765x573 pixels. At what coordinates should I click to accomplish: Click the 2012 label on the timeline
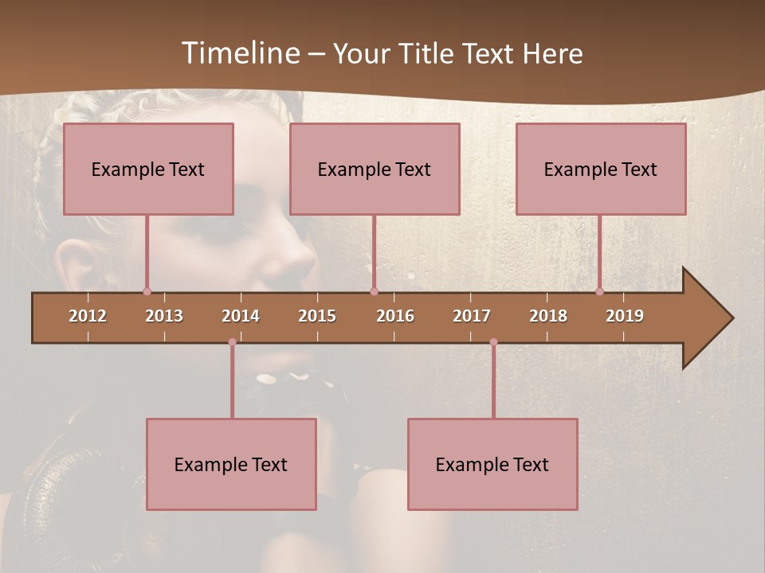pos(88,316)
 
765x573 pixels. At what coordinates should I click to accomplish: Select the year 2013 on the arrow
pos(164,316)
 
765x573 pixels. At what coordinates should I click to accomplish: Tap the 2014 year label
pos(241,316)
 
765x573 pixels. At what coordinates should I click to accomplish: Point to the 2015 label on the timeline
pos(317,316)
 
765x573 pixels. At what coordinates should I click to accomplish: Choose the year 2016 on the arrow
pos(395,316)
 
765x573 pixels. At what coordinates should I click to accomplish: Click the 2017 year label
pos(472,316)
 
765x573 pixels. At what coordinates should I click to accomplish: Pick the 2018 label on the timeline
pos(548,316)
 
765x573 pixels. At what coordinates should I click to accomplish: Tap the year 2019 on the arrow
pos(625,316)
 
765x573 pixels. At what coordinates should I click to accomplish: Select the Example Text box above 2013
pos(148,170)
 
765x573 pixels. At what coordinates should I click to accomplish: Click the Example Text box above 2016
pos(375,170)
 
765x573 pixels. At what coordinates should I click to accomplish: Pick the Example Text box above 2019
pos(601,170)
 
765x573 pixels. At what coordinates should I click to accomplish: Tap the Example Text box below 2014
pos(231,465)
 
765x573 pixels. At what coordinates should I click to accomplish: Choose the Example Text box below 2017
pos(492,465)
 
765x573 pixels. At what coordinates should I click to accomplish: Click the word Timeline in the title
pos(239,53)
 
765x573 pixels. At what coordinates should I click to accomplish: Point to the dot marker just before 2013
pos(147,291)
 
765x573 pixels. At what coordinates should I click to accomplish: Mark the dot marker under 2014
pos(232,342)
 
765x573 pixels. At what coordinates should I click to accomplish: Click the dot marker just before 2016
pos(374,291)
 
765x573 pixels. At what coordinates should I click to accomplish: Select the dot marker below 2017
pos(493,342)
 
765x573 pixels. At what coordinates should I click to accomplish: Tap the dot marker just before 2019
pos(599,291)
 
